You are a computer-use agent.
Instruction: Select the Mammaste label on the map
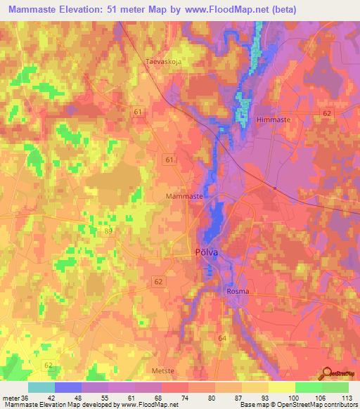[184, 197]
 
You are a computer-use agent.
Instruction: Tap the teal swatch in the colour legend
[41, 387]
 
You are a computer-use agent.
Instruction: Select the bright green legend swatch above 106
[309, 387]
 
